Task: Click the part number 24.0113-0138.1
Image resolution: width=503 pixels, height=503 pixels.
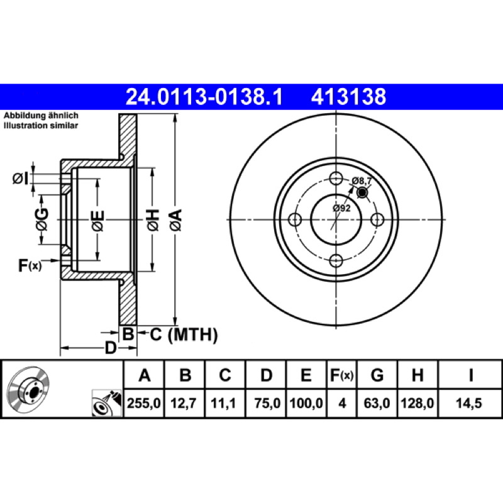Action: pyautogui.click(x=204, y=97)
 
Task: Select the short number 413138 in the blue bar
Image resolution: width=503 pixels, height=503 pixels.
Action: pyautogui.click(x=348, y=97)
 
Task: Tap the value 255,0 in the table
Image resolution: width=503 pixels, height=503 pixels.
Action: pyautogui.click(x=144, y=403)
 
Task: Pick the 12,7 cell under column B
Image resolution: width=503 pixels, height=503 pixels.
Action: pyautogui.click(x=183, y=403)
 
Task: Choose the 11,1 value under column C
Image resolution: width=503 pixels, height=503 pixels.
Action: pyautogui.click(x=223, y=403)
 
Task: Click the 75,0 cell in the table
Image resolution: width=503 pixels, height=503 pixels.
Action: pyautogui.click(x=267, y=403)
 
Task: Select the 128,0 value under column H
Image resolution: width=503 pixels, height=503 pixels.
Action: pyautogui.click(x=417, y=403)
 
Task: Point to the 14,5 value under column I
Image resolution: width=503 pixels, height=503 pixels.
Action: pyautogui.click(x=469, y=403)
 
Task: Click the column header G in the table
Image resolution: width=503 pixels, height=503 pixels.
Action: pyautogui.click(x=377, y=375)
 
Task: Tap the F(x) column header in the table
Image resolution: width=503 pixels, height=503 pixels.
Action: pyautogui.click(x=341, y=375)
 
